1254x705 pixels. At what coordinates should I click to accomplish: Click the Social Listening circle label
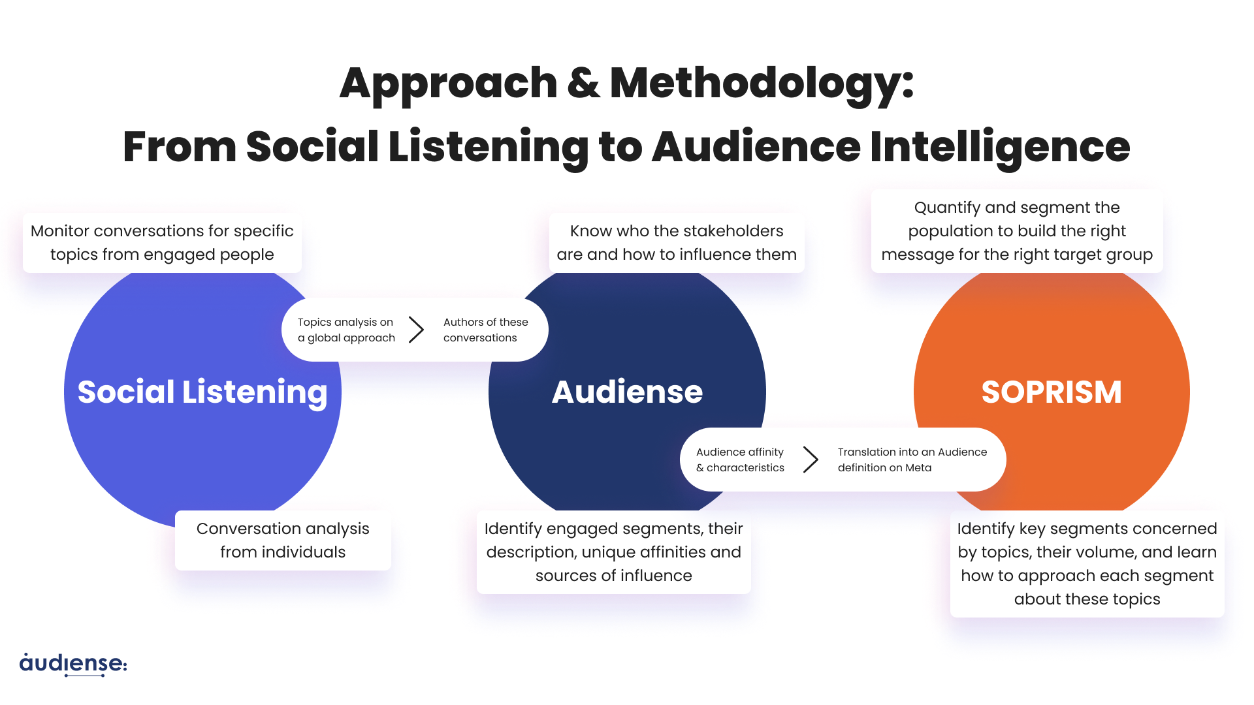202,392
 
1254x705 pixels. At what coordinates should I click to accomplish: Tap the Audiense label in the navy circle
627,392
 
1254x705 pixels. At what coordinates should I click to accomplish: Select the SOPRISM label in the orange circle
1052,392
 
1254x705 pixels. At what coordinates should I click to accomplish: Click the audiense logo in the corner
73,664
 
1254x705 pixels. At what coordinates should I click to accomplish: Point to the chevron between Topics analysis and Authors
416,330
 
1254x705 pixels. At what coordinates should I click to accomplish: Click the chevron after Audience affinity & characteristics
811,460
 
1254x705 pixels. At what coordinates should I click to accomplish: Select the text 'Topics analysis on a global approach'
346,330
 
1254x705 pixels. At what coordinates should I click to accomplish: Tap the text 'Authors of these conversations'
485,330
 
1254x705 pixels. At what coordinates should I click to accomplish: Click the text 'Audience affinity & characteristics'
740,460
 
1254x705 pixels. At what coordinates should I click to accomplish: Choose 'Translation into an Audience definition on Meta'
912,460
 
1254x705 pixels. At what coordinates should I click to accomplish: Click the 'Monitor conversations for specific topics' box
162,243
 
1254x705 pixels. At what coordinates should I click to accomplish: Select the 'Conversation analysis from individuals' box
283,540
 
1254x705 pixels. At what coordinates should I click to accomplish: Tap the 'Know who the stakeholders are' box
677,243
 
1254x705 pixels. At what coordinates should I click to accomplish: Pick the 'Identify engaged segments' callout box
614,552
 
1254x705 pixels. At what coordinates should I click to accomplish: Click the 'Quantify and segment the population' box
1017,231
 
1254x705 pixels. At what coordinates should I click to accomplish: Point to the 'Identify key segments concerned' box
1087,564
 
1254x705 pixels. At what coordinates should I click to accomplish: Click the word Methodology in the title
761,84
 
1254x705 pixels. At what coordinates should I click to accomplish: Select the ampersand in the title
583,84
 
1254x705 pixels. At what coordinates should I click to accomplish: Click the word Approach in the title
449,84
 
